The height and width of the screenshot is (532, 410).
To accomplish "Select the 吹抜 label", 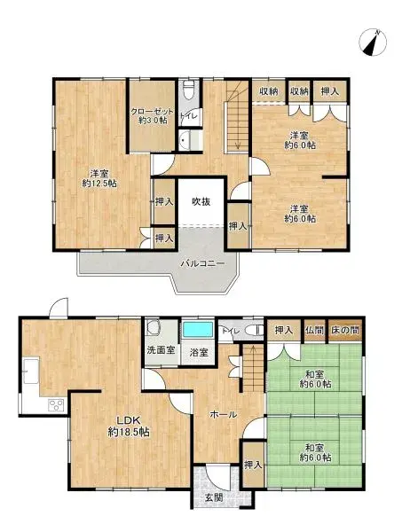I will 201,201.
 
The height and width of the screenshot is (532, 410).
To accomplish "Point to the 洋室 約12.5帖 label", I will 99,177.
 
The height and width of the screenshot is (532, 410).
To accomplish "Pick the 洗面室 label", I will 160,351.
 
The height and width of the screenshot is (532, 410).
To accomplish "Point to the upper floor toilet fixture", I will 188,91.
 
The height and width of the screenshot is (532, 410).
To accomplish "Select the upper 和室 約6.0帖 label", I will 314,379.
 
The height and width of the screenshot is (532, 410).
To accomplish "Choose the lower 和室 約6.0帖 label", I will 314,452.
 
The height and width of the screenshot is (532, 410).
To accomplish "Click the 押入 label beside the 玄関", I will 253,465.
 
